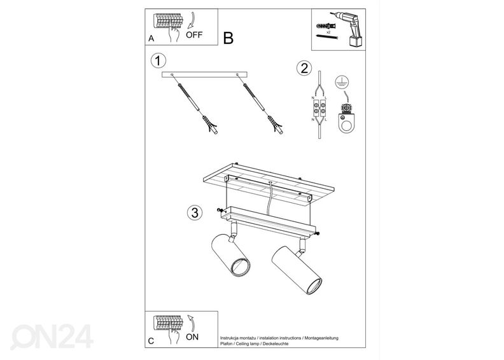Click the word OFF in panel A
click(194, 35)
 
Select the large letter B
click(228, 38)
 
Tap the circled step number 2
click(304, 69)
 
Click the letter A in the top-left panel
click(151, 38)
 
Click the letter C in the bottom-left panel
click(151, 341)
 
